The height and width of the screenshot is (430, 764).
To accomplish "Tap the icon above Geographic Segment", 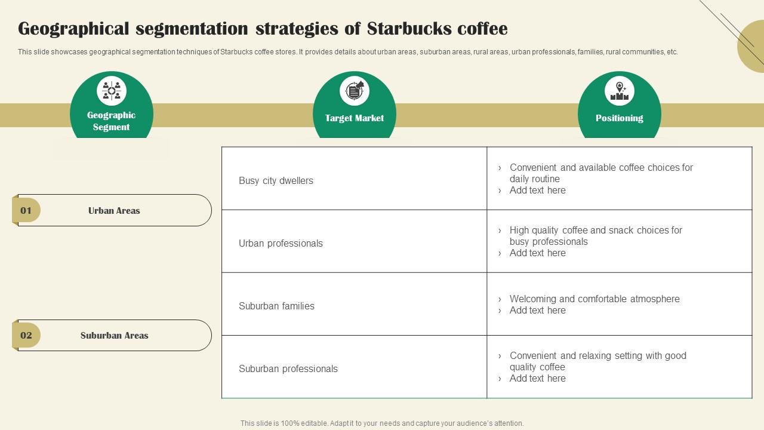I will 112,91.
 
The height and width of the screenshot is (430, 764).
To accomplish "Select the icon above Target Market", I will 355,91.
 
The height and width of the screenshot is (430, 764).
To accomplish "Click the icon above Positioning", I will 620,91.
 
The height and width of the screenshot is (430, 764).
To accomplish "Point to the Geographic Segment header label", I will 112,121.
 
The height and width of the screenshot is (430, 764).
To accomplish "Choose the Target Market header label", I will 355,118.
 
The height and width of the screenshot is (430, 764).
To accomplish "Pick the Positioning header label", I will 620,118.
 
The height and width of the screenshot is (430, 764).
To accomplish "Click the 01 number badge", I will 26,210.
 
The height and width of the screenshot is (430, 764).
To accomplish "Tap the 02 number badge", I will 26,335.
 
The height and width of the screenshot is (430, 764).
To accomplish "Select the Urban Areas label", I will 114,211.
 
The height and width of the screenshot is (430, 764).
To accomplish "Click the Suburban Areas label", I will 114,336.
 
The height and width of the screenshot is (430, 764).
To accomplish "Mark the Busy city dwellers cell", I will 276,180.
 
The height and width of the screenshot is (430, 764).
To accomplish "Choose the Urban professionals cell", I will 281,243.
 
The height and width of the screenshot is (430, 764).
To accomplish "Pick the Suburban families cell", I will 276,306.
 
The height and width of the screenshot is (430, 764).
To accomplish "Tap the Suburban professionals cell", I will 288,368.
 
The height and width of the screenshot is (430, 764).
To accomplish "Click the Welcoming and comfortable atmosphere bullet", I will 594,299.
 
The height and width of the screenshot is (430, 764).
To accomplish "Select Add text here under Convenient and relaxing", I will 537,378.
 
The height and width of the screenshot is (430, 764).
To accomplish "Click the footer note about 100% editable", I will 382,423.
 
